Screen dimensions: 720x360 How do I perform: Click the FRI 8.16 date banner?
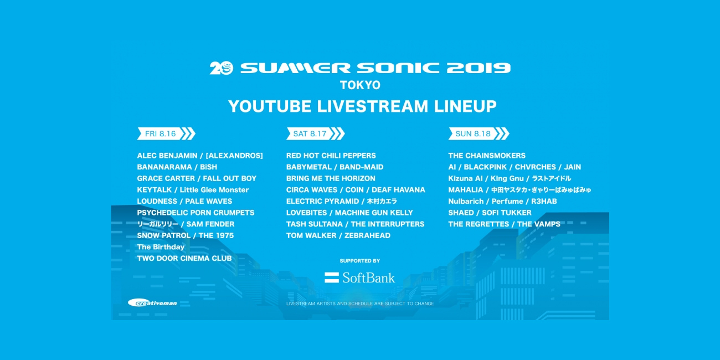tap(166, 133)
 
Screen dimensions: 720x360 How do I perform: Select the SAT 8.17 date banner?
tap(315, 133)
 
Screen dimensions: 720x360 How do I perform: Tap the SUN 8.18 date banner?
tap(479, 133)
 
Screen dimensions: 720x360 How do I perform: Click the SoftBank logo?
tap(359, 277)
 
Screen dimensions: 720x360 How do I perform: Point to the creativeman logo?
tap(152, 303)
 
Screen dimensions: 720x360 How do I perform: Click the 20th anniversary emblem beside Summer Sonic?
tap(222, 68)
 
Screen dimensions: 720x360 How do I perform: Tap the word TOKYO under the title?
tap(360, 85)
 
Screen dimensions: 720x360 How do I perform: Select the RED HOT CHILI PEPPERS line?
tap(331, 156)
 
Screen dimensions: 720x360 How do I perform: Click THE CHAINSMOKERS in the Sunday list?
tap(487, 156)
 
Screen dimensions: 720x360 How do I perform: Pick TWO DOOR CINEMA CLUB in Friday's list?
tap(184, 259)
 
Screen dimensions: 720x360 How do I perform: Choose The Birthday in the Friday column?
tap(161, 247)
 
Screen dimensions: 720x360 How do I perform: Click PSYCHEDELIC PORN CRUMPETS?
tap(196, 213)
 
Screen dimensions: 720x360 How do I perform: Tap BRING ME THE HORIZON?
tap(331, 178)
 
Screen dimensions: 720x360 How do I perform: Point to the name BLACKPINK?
tap(485, 167)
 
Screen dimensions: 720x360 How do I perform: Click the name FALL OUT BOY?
tap(230, 178)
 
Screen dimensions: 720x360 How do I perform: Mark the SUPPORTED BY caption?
tap(360, 261)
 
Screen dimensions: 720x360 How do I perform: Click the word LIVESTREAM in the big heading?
tap(373, 106)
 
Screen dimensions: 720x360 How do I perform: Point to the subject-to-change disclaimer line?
tap(360, 304)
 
